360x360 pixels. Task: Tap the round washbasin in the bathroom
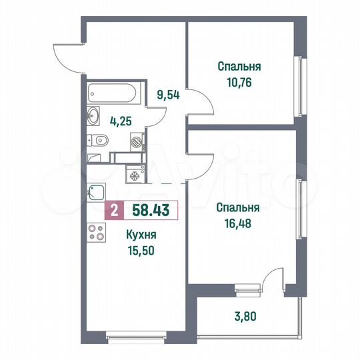point(93,119)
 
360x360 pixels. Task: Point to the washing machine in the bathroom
point(136,141)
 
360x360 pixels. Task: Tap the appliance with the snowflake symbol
point(135,175)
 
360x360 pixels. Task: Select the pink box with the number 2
point(114,212)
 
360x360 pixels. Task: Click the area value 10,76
point(238,86)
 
